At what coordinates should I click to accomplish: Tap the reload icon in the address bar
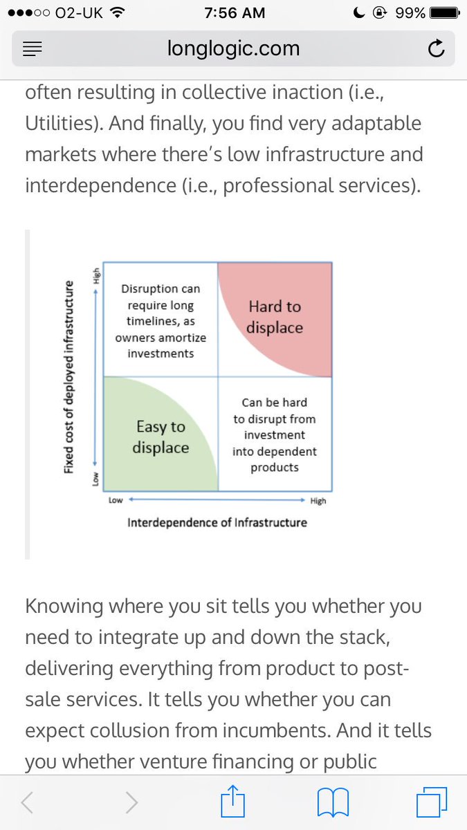pyautogui.click(x=436, y=48)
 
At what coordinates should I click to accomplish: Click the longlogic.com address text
pyautogui.click(x=234, y=48)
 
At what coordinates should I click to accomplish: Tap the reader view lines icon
pyautogui.click(x=33, y=48)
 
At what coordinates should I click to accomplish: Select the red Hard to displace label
pyautogui.click(x=275, y=317)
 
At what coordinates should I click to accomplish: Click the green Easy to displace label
pyautogui.click(x=161, y=437)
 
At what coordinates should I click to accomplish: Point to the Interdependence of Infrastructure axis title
pyautogui.click(x=217, y=522)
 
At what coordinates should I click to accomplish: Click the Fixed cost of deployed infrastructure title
pyautogui.click(x=69, y=376)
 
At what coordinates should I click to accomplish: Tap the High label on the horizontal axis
pyautogui.click(x=318, y=500)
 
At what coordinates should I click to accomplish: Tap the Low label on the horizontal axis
pyautogui.click(x=116, y=500)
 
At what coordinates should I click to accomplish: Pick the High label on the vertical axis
pyautogui.click(x=96, y=275)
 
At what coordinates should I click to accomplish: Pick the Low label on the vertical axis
pyautogui.click(x=96, y=478)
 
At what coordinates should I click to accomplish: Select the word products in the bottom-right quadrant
pyautogui.click(x=275, y=468)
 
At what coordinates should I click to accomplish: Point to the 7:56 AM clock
pyautogui.click(x=233, y=13)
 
